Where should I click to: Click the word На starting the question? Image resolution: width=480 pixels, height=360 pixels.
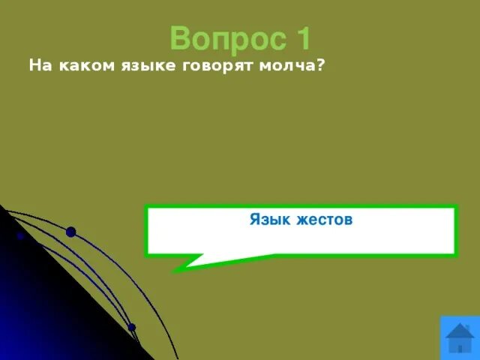pyautogui.click(x=38, y=66)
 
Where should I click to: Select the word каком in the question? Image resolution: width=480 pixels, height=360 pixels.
pyautogui.click(x=80, y=66)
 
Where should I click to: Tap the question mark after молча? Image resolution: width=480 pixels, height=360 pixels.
pyautogui.click(x=321, y=66)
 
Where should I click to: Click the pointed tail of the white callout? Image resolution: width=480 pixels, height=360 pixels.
pyautogui.click(x=177, y=268)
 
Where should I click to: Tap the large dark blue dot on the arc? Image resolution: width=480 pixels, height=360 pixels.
pyautogui.click(x=70, y=232)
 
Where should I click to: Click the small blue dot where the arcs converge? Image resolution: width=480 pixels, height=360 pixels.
pyautogui.click(x=131, y=327)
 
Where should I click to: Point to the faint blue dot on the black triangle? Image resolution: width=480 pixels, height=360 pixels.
pyautogui.click(x=20, y=235)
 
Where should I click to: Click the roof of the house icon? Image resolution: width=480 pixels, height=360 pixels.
pyautogui.click(x=459, y=330)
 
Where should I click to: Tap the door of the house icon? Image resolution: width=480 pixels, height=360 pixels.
pyautogui.click(x=459, y=348)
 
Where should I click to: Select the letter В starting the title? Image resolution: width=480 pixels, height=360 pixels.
pyautogui.click(x=179, y=38)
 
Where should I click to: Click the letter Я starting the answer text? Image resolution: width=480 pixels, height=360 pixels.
pyautogui.click(x=255, y=220)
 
